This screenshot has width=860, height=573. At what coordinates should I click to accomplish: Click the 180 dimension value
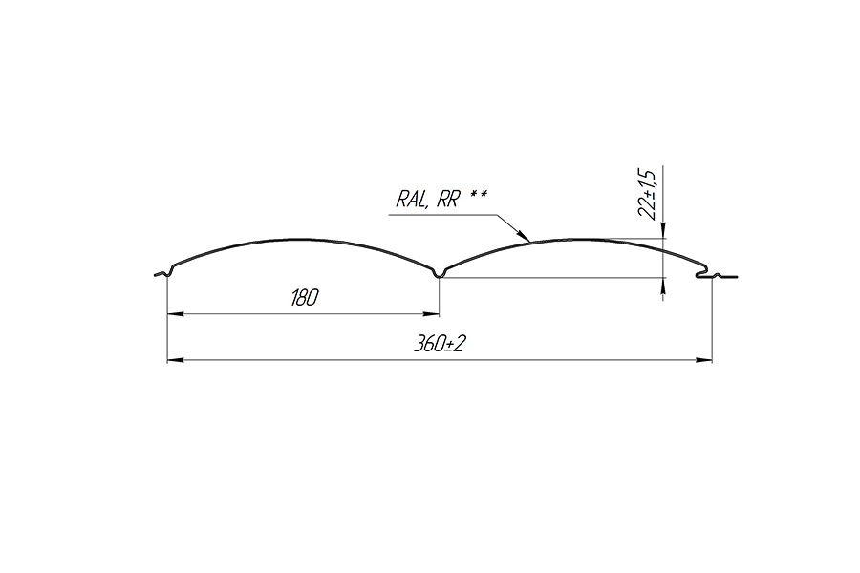304,298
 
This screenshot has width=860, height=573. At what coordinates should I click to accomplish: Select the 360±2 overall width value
439,344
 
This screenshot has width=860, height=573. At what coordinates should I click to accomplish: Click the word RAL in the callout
411,199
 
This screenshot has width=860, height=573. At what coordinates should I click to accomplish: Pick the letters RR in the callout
447,199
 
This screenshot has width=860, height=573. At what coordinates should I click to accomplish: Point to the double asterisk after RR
479,194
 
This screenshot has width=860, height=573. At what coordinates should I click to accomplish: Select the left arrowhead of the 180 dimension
175,314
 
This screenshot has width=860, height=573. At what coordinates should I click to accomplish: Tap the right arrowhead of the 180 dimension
431,314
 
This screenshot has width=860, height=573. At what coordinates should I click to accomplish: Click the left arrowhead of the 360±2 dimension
175,360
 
